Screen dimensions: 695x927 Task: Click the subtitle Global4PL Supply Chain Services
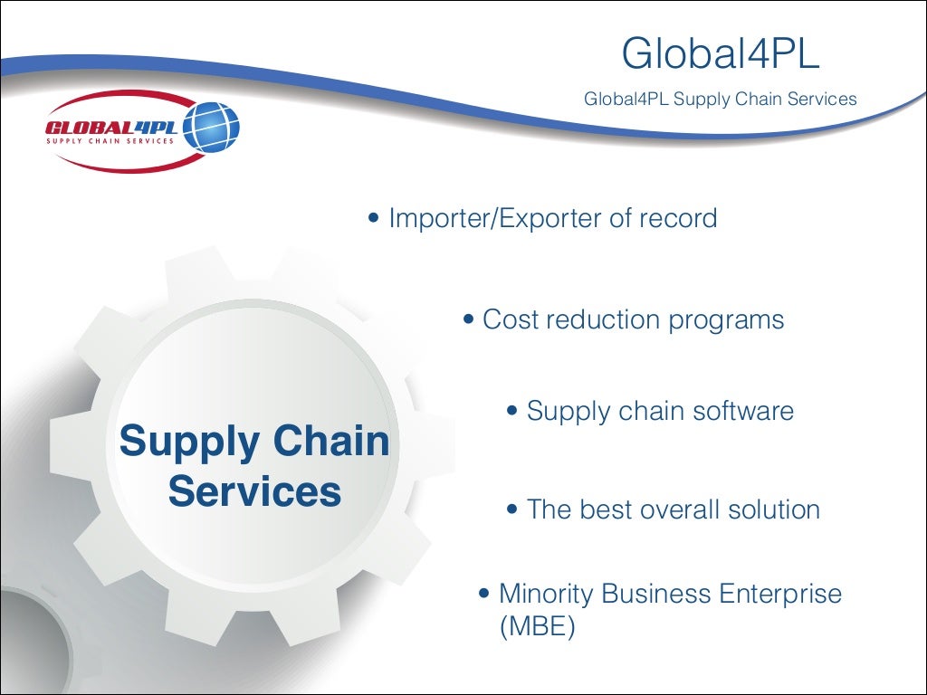(x=720, y=99)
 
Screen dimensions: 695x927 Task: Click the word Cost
(x=511, y=319)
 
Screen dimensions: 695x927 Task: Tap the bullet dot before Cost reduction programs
(x=468, y=319)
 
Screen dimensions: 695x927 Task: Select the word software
(x=742, y=411)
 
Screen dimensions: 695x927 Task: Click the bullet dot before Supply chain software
(x=512, y=411)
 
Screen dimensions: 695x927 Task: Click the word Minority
(x=546, y=595)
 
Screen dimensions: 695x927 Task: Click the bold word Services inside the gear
(x=254, y=491)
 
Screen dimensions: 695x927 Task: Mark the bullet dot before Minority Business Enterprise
(x=484, y=595)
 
